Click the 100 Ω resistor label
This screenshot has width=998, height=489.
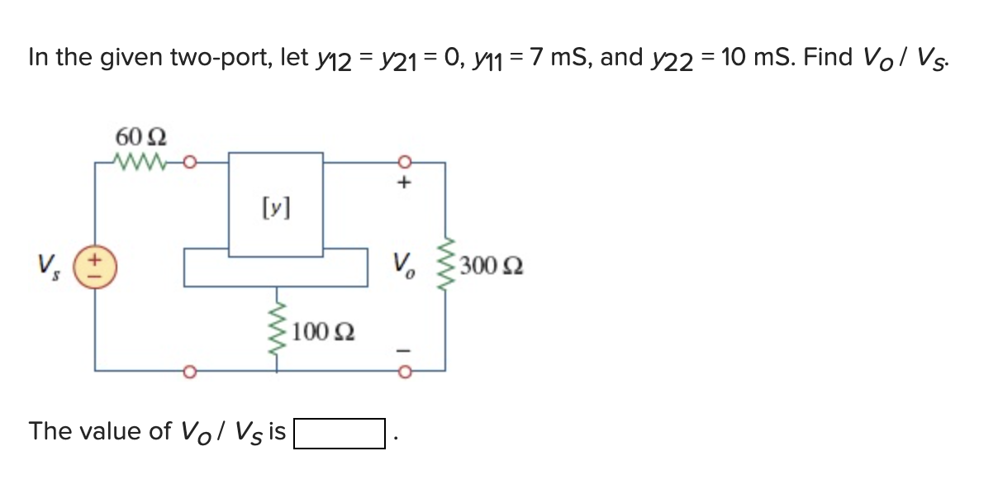click(324, 332)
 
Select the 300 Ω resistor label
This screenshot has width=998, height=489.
click(492, 266)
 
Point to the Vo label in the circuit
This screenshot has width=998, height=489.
click(405, 266)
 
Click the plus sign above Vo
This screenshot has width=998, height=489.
click(405, 183)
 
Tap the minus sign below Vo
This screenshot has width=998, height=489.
click(405, 349)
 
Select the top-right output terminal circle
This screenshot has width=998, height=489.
click(405, 162)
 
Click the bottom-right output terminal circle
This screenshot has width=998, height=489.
click(405, 371)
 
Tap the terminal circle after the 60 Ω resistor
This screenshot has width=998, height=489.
click(188, 162)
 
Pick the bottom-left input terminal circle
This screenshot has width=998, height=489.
click(188, 371)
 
